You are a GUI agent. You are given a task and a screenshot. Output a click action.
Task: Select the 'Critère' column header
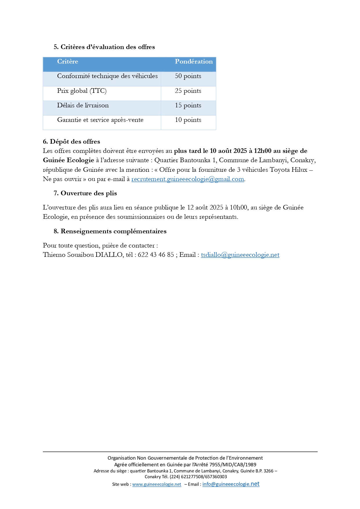(68, 62)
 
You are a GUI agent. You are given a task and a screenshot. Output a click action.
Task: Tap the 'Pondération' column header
(193, 62)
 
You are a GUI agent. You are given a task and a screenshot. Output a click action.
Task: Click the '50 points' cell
(188, 76)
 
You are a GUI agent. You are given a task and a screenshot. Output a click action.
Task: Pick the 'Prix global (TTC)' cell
(82, 91)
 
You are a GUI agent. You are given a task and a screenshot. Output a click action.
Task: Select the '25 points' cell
(188, 91)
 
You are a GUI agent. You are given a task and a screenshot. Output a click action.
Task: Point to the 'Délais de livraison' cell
(83, 105)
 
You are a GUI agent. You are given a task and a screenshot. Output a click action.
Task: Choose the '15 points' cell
(188, 105)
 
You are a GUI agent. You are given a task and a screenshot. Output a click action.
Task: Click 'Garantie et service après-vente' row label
(100, 120)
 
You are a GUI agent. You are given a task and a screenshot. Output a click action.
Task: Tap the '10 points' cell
(188, 120)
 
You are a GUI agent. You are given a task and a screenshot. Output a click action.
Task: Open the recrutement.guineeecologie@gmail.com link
(188, 179)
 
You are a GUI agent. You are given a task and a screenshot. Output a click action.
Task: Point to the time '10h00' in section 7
(238, 207)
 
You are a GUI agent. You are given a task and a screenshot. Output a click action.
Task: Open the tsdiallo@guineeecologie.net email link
(240, 255)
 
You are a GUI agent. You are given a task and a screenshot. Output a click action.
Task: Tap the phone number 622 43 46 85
(156, 255)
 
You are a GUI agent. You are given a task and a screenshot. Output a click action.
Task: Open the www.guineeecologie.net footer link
(157, 484)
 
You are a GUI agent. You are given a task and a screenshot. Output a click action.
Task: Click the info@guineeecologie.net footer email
(231, 484)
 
